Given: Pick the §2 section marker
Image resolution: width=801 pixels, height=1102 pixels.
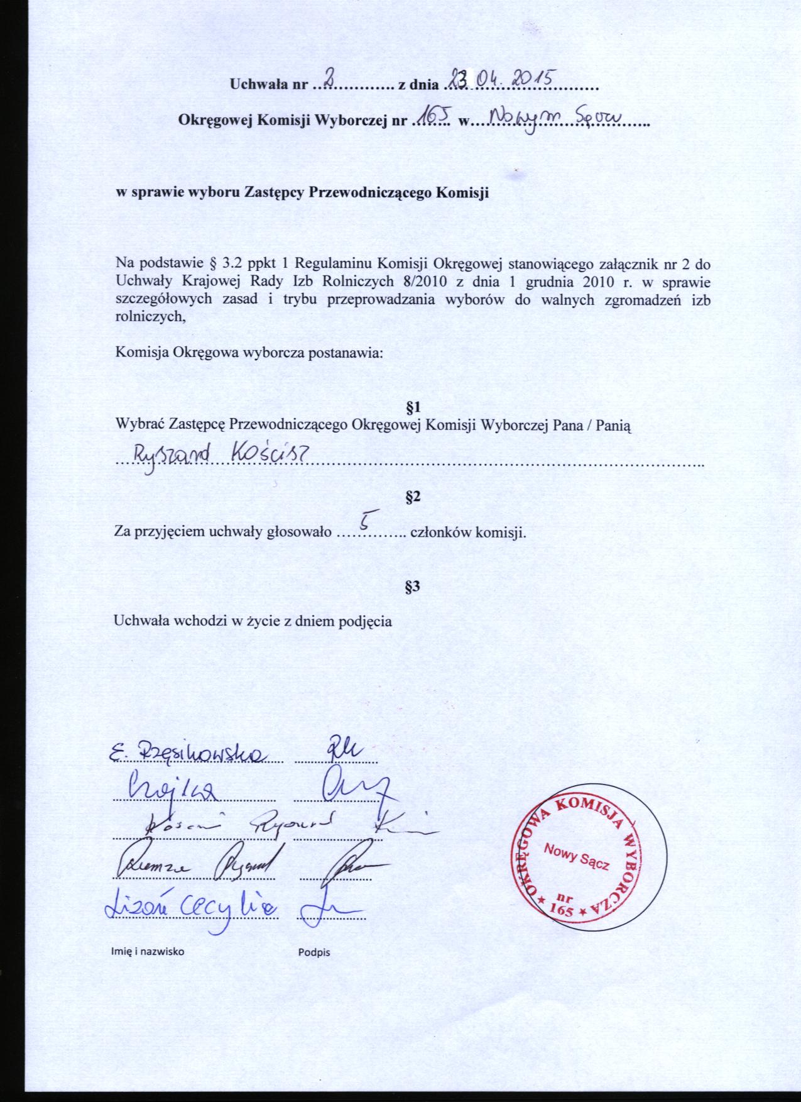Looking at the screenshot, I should coord(413,498).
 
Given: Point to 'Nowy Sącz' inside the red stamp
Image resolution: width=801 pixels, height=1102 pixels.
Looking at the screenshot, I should coord(577,857).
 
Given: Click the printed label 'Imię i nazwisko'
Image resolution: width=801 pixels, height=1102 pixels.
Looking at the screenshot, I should coord(148,951).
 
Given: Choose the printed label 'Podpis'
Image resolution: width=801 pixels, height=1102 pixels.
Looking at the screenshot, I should coord(314,952).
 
